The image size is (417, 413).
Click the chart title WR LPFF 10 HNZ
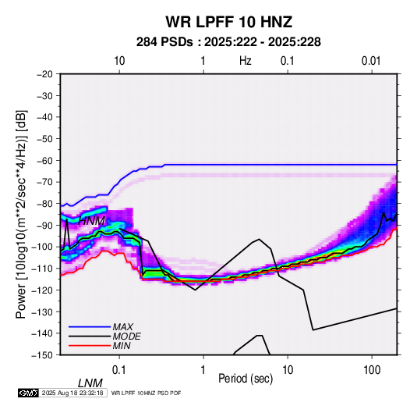coord(229,22)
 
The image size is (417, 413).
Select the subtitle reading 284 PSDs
coord(164,42)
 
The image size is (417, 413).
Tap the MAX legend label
coord(122,326)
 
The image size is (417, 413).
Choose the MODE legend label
coord(126,336)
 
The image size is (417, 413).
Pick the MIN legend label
coord(122,346)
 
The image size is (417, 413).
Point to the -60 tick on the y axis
coord(44,160)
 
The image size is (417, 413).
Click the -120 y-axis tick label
coord(43,290)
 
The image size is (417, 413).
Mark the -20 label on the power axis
coord(44,74)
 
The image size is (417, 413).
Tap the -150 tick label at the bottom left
coord(43,355)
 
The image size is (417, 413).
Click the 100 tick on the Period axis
coord(372,370)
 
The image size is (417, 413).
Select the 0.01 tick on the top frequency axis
coord(371,61)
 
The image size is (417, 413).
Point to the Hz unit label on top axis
coord(246,61)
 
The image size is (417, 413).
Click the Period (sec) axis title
coord(246,379)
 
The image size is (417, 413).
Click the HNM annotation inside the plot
coord(91,221)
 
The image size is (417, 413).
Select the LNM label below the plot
coord(90,383)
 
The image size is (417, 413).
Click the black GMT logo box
coord(29,393)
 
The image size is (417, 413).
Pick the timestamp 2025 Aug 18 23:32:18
coord(72,393)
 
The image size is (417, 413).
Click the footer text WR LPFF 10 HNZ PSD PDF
coord(146,393)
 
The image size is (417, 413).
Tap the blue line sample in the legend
coord(90,326)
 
